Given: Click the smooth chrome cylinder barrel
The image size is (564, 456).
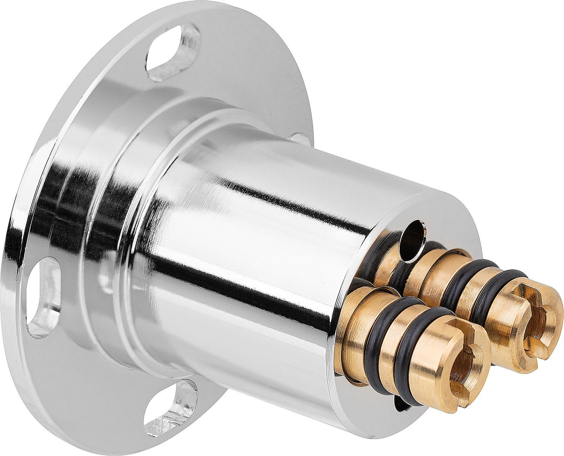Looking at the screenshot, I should point(254,254).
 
